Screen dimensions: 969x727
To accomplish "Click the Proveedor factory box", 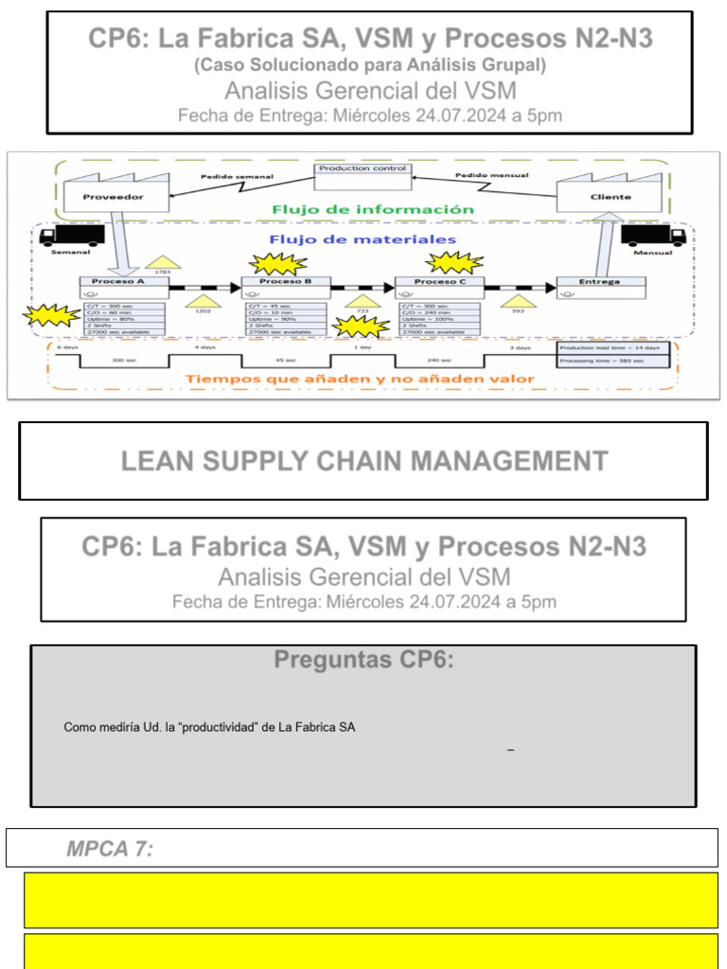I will (x=113, y=197).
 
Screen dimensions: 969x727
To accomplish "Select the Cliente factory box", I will (x=611, y=197).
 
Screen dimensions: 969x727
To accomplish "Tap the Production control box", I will (x=363, y=169).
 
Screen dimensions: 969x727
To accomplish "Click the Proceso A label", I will (x=118, y=282).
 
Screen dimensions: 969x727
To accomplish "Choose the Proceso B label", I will (x=285, y=282).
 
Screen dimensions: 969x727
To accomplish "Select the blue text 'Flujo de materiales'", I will (x=363, y=239).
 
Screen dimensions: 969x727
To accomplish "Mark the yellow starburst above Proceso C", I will (x=456, y=262).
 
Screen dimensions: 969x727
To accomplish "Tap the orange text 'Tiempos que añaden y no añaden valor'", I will (x=360, y=379).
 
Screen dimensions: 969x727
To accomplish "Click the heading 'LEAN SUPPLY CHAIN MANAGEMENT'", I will (x=363, y=461).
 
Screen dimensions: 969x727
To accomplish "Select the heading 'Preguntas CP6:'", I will (x=363, y=661).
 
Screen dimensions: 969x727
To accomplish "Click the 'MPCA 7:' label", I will (x=110, y=849).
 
